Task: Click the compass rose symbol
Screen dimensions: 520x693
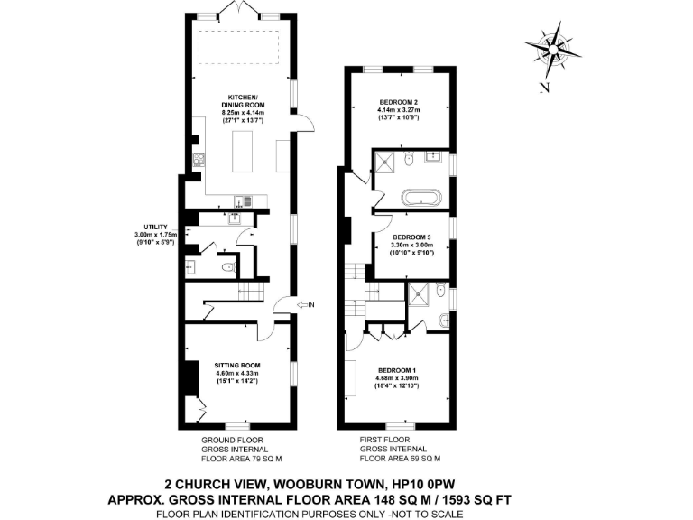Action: point(550,50)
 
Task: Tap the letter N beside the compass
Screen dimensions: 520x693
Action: point(543,88)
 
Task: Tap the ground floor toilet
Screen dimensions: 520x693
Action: point(228,267)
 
